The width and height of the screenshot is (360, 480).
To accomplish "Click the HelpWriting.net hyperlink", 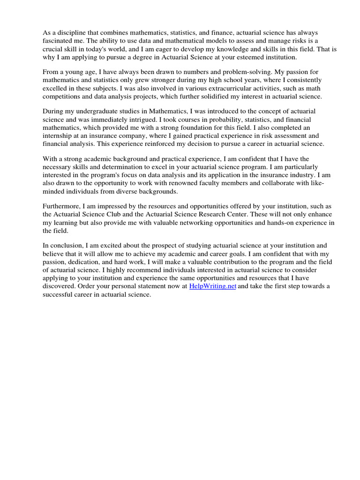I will (212, 286).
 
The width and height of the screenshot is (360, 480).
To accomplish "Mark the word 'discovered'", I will (58, 286).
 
